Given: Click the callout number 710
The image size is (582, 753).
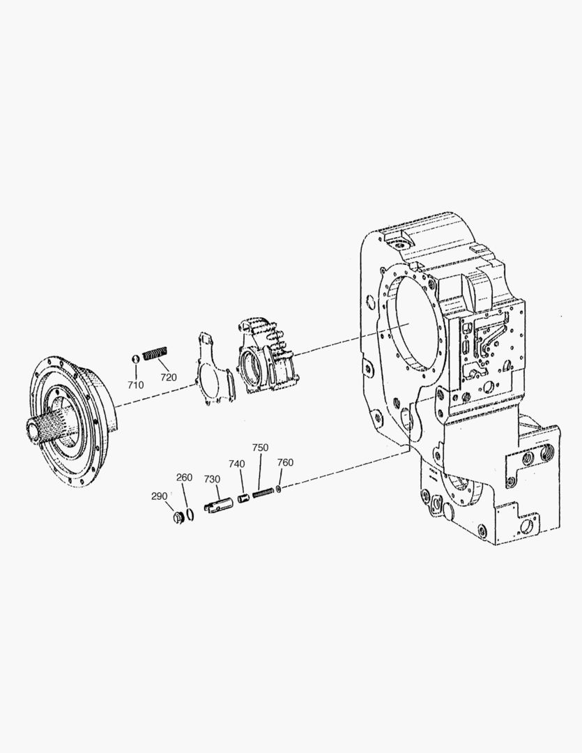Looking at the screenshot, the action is (135, 385).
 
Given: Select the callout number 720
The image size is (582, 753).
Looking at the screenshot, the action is (169, 377).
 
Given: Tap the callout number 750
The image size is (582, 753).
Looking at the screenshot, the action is (260, 447).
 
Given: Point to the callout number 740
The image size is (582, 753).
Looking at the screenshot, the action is (237, 464).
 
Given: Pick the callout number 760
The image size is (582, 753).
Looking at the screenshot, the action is (285, 462).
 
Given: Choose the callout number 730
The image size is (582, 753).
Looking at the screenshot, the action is (213, 479).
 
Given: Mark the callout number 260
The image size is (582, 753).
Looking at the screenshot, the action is (185, 477).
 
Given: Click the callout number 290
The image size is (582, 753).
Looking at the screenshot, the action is (160, 496).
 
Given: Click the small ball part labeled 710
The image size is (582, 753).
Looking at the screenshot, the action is (135, 358).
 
